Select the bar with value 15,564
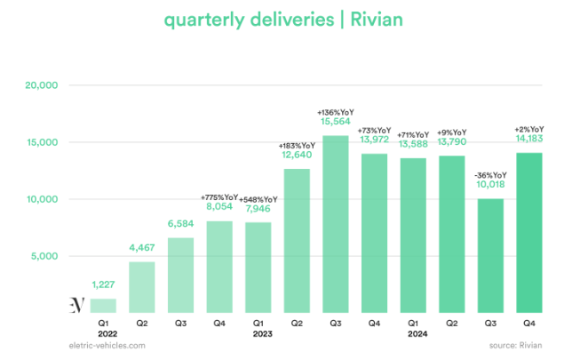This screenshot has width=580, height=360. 336,222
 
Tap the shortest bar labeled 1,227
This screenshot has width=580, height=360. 103,305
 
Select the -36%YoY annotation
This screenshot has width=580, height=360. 490,174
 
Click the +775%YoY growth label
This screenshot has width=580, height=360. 219,197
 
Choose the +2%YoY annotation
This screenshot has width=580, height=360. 528,128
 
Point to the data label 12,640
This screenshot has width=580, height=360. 297,156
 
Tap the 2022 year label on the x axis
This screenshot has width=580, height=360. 103,335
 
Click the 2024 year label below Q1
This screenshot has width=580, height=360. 413,335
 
